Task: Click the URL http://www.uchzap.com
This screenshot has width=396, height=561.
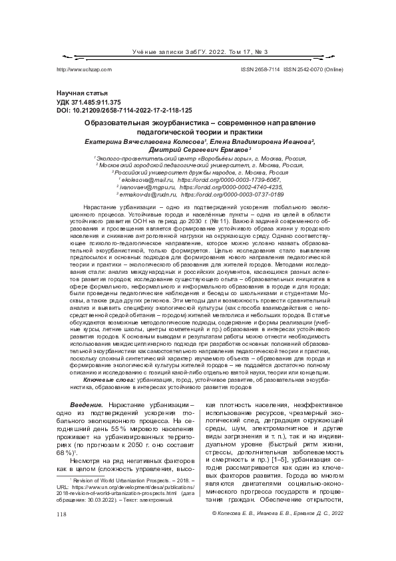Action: [85, 69]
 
